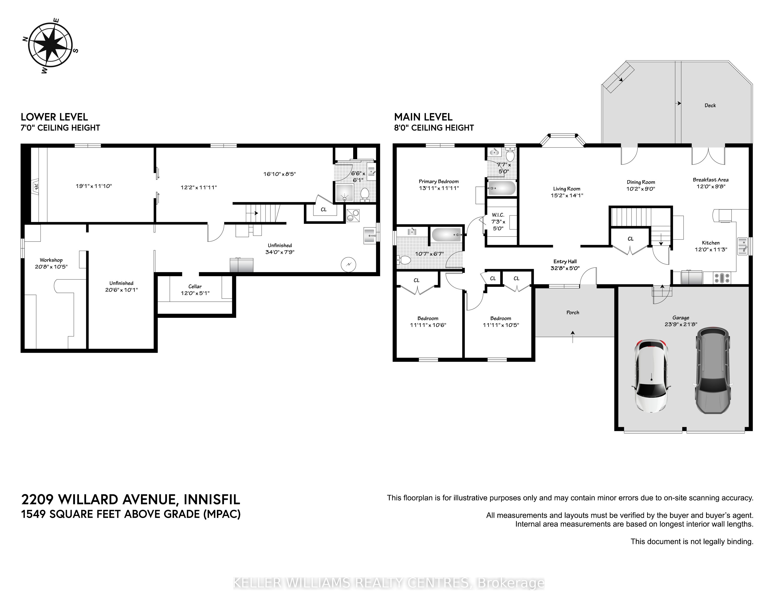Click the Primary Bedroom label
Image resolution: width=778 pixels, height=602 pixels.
439,182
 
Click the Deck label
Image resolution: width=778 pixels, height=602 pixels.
710,105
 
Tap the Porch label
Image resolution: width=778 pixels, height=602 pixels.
572,312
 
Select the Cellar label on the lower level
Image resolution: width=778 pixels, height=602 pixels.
195,286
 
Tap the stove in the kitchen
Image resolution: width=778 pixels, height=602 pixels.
721,278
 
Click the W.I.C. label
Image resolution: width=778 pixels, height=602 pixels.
498,215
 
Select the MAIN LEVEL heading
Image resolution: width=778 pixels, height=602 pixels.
423,117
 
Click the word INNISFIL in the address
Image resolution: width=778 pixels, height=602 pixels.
212,500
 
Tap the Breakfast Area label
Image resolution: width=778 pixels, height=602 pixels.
711,180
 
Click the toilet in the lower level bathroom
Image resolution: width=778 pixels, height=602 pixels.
364,194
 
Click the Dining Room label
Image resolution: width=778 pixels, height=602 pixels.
641,182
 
